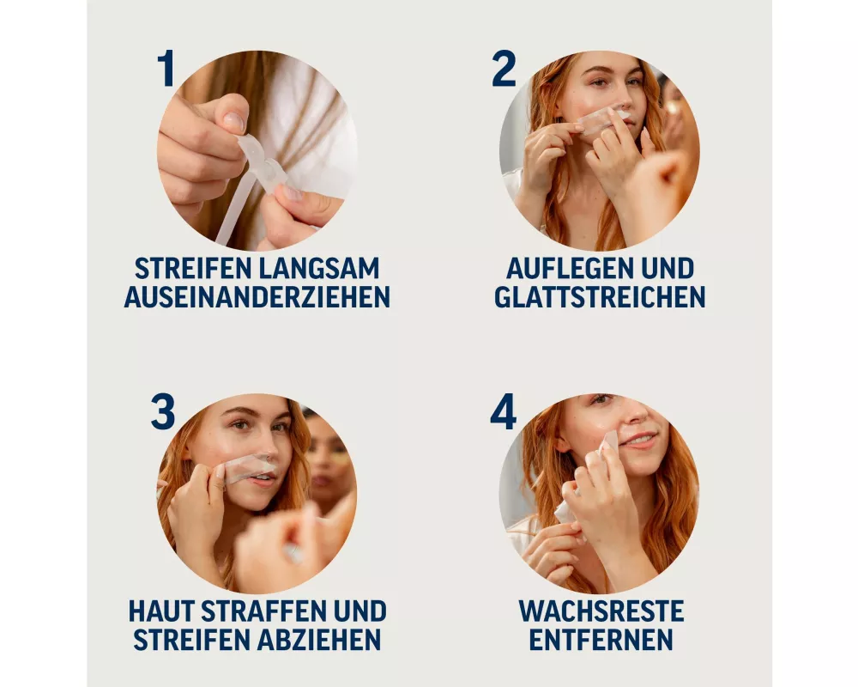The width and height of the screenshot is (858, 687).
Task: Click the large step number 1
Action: (166, 69)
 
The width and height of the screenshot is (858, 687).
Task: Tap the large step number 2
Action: (504, 69)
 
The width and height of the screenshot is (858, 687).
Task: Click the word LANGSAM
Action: (319, 269)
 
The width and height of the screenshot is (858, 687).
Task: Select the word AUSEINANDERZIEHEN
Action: (257, 297)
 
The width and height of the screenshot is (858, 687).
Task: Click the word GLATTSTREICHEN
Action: (600, 297)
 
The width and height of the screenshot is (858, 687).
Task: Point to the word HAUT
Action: (161, 611)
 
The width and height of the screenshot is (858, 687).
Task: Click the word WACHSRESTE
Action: (601, 611)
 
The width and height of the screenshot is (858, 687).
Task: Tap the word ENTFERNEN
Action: (601, 640)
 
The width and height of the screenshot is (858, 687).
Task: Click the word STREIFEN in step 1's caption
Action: (192, 269)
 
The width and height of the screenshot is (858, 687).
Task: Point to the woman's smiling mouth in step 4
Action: (640, 439)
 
